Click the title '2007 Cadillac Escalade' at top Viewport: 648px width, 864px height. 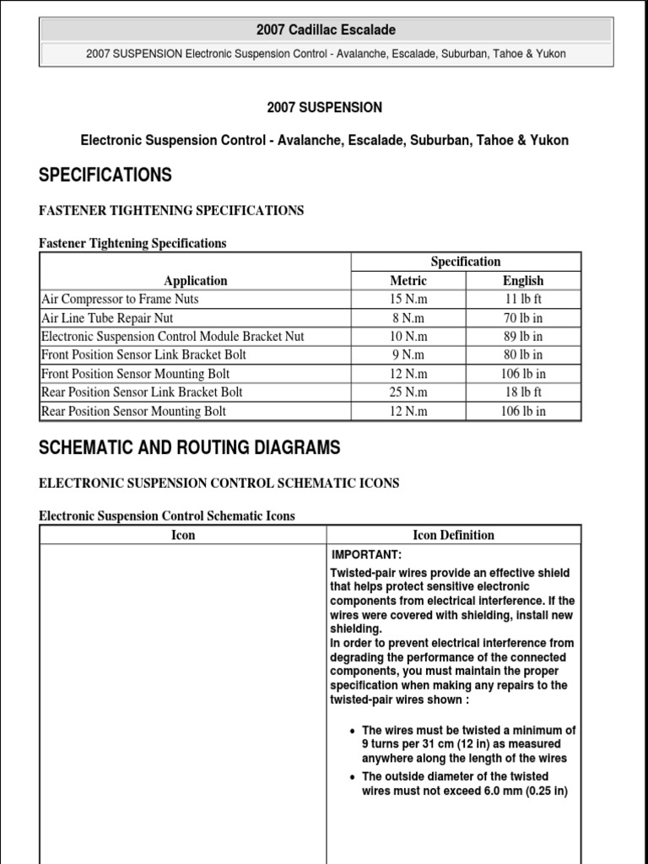click(x=325, y=30)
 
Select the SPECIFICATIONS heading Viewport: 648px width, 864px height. click(x=105, y=175)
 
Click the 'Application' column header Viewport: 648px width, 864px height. click(x=196, y=281)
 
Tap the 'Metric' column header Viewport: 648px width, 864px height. click(x=408, y=281)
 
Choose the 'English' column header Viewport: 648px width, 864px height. click(x=523, y=281)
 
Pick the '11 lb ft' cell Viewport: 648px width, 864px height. click(x=523, y=300)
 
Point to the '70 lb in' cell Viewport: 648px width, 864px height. click(x=523, y=318)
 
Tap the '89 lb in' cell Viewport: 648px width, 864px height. click(x=523, y=337)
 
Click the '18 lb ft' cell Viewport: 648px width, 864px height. click(x=523, y=392)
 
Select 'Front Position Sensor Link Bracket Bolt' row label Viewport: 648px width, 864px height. click(x=143, y=355)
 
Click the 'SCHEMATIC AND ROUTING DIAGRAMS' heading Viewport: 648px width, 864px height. click(x=190, y=448)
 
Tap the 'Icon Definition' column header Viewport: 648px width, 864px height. click(x=453, y=535)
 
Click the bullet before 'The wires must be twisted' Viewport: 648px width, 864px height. click(x=352, y=731)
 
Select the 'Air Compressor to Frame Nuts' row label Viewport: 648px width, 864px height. click(x=120, y=300)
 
